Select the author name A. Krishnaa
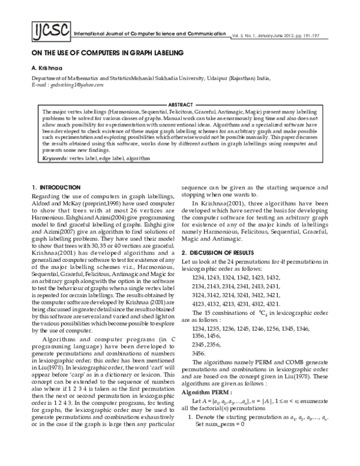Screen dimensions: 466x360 (x=47, y=68)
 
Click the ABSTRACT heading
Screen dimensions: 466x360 (x=180, y=104)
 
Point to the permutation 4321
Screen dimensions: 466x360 (x=297, y=286)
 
